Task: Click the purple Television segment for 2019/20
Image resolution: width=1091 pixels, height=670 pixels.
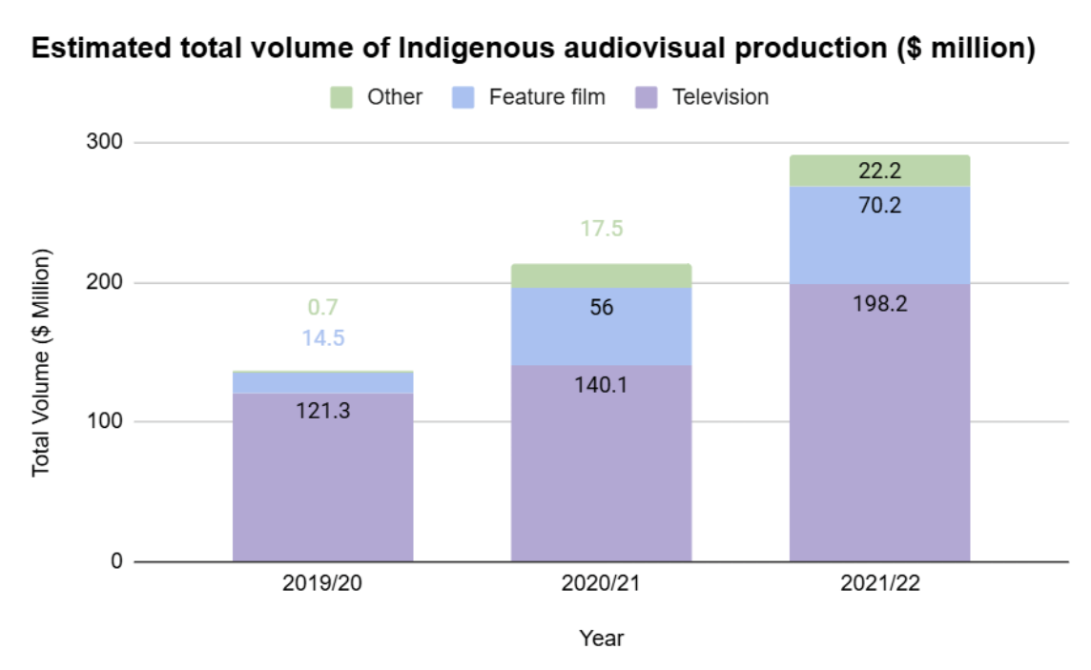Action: [322, 477]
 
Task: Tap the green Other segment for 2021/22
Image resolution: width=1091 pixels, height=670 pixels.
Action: [879, 171]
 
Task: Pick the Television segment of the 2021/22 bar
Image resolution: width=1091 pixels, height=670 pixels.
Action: [879, 429]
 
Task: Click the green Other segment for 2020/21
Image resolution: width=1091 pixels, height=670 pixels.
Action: [601, 274]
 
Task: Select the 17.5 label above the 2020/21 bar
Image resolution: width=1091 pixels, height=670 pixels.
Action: [601, 230]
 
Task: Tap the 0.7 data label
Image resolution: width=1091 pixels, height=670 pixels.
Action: [322, 308]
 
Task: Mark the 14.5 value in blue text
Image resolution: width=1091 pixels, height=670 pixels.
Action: [322, 337]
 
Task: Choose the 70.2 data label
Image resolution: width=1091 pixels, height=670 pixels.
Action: [879, 204]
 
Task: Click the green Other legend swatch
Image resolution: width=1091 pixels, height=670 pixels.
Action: [341, 97]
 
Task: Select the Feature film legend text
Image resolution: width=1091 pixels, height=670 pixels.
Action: [546, 97]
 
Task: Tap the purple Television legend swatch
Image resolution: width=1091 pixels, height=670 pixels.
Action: [647, 97]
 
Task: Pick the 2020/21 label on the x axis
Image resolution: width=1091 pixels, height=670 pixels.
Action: [601, 584]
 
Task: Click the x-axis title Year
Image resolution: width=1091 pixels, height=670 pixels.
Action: [601, 638]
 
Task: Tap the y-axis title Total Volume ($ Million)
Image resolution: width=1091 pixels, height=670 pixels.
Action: [41, 362]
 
